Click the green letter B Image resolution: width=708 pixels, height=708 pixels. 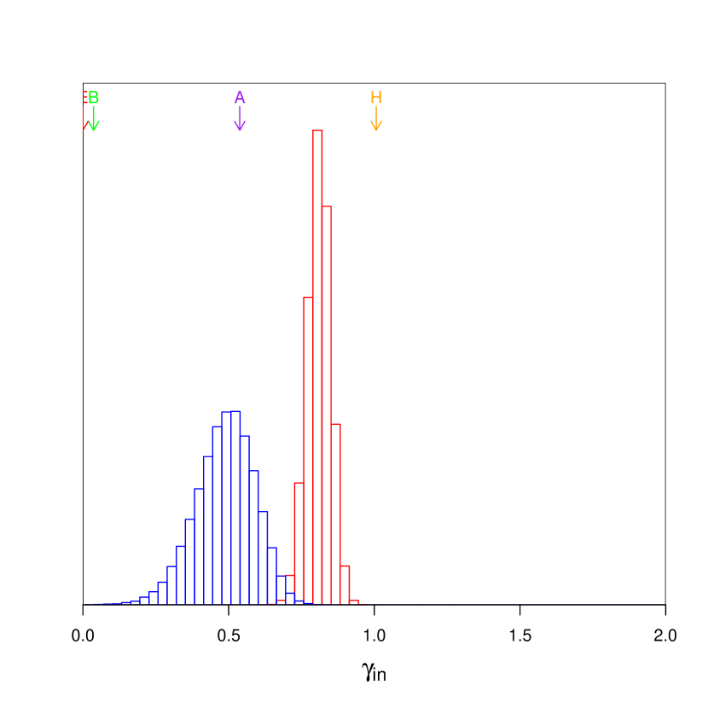94,98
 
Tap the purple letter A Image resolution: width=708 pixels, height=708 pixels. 240,98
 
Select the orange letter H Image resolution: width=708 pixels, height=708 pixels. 376,98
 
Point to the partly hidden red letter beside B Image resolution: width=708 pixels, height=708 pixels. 84,98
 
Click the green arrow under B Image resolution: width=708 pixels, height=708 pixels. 94,119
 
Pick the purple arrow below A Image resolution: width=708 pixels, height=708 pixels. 240,119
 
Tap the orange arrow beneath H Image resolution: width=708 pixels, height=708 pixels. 376,119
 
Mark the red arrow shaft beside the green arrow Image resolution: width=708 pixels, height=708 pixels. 84,118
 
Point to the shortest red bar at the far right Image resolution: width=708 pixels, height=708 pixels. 354,602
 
